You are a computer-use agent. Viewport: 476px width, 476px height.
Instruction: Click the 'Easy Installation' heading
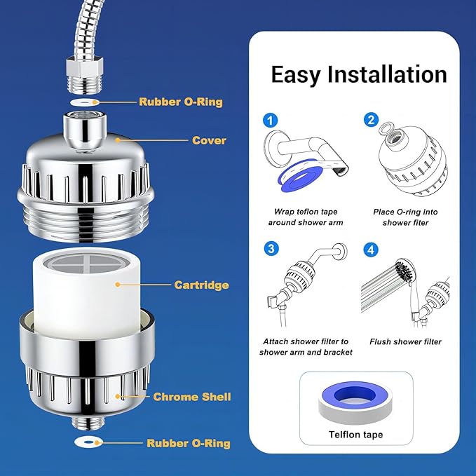pos(358,74)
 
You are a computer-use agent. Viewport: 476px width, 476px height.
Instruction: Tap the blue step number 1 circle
pos(271,120)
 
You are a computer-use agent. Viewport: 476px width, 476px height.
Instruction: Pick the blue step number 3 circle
pos(271,249)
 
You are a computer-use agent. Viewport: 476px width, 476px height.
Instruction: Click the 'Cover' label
pos(209,140)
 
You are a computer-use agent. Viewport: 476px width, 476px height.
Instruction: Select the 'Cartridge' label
pos(201,285)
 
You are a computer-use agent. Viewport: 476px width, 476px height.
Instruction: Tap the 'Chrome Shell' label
pos(193,397)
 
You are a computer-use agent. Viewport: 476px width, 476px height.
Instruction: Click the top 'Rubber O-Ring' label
pos(180,102)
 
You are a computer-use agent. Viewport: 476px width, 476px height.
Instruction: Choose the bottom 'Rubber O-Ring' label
pos(188,443)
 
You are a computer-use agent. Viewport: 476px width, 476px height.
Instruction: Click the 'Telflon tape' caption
pos(356,435)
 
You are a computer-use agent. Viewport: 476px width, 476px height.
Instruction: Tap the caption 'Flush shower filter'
pos(405,341)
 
